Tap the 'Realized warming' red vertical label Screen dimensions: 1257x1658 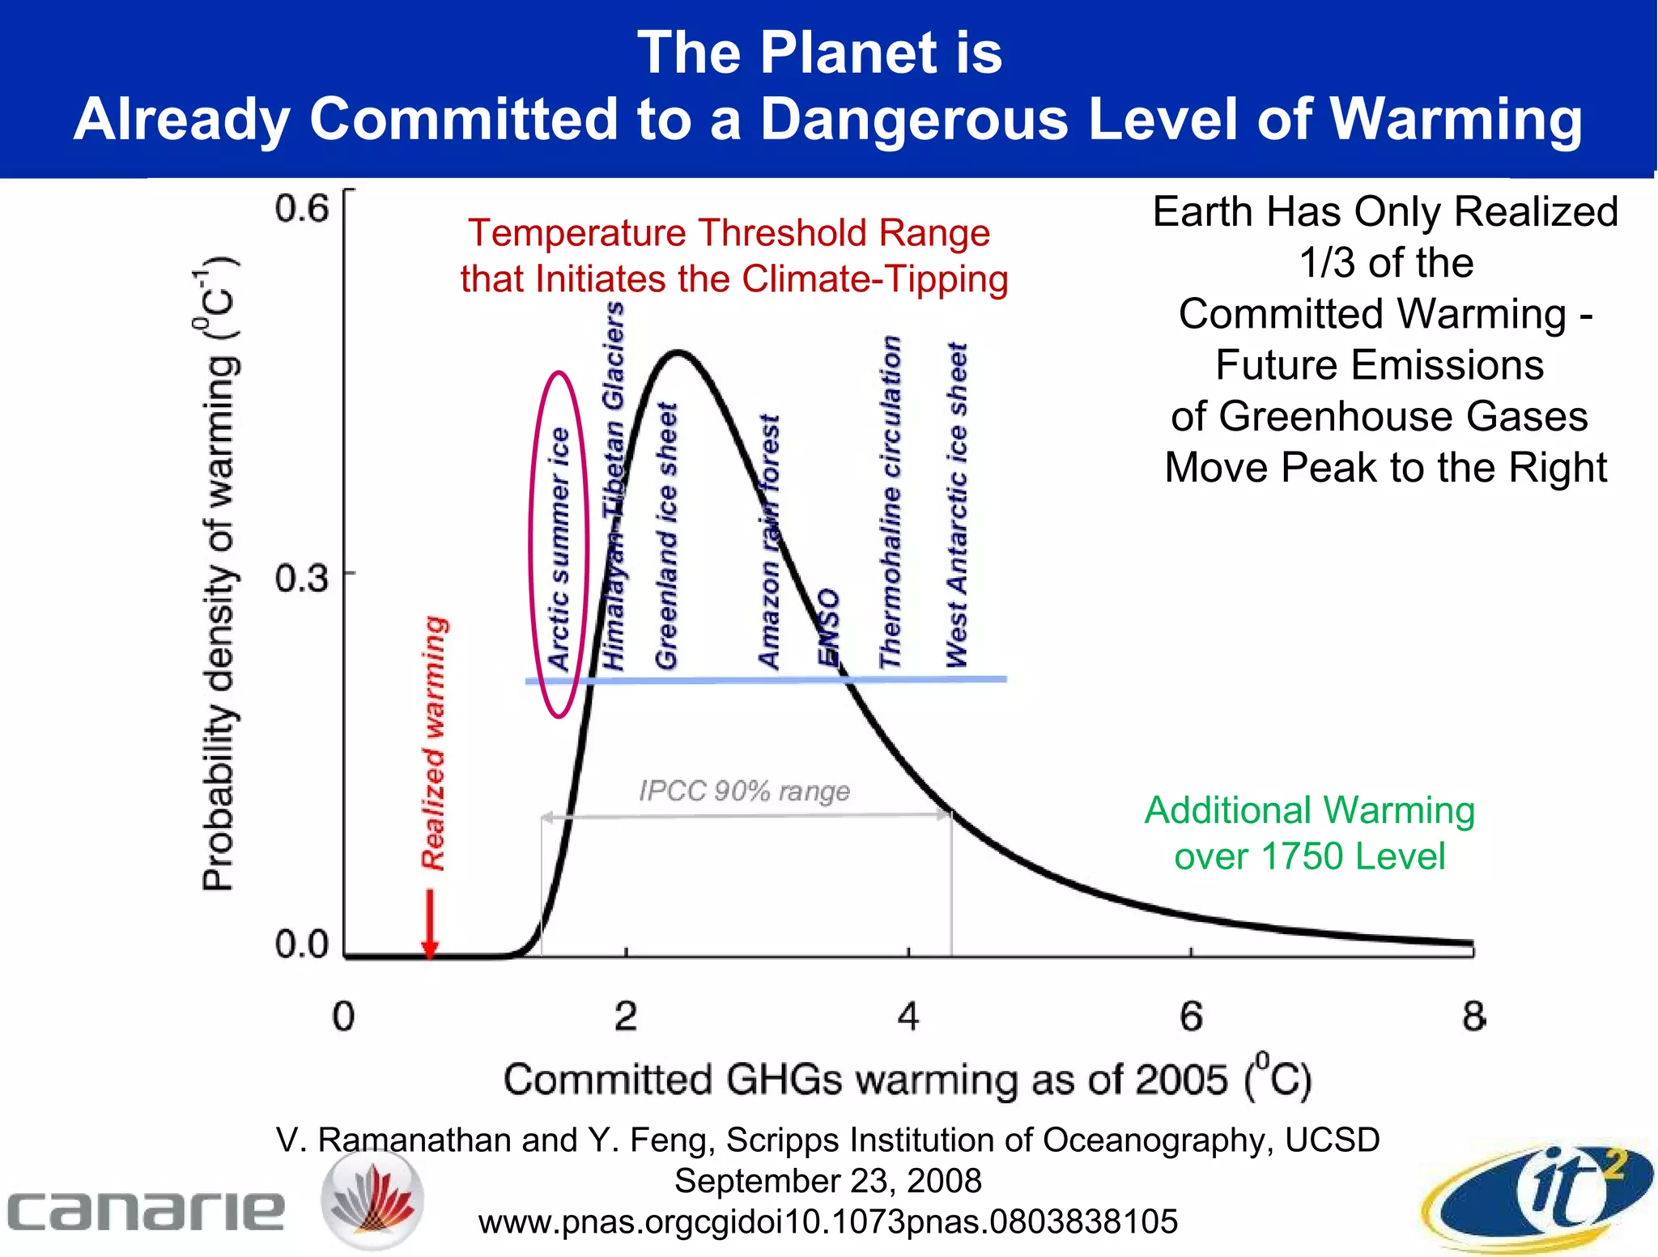(434, 743)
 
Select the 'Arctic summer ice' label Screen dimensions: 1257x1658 (559, 549)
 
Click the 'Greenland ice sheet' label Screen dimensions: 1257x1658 (665, 536)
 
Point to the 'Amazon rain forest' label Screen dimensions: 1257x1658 (769, 542)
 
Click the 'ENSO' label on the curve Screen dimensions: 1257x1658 (828, 627)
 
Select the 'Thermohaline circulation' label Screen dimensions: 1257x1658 (891, 502)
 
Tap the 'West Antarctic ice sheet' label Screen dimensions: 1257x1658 (957, 506)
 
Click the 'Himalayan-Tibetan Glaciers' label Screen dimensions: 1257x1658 (614, 486)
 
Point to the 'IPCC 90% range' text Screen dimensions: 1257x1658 (744, 790)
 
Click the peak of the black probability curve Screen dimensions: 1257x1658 (678, 352)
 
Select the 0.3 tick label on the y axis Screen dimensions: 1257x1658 (301, 578)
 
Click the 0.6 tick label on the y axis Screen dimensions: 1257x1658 (301, 209)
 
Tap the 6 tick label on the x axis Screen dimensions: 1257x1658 (1191, 1016)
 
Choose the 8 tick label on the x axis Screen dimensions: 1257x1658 (1473, 1016)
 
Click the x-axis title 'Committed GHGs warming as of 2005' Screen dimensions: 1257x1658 (907, 1079)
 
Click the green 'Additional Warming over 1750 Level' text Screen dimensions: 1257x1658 (1309, 833)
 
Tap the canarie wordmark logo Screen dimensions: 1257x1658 (146, 1210)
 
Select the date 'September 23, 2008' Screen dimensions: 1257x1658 (827, 1181)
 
